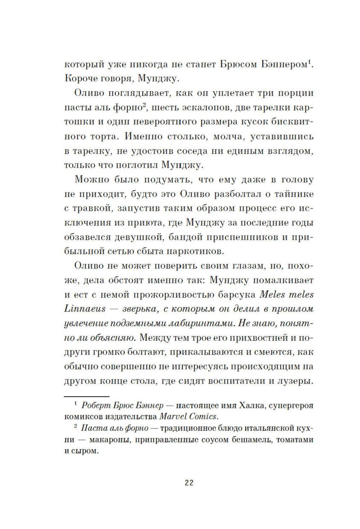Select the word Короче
pyautogui.click(x=81, y=79)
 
